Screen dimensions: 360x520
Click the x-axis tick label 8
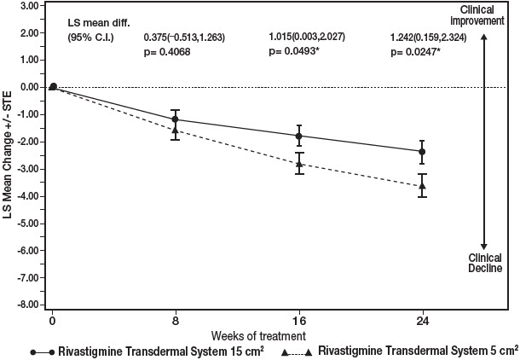click(x=176, y=322)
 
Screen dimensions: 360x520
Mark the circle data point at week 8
click(x=176, y=119)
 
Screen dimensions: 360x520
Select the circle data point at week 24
click(x=421, y=151)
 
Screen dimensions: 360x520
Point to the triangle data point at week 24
click(x=421, y=185)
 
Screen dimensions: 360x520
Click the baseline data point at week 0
click(x=53, y=86)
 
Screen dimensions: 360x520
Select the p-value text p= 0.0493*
click(x=301, y=53)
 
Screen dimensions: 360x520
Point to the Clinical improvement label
click(x=483, y=15)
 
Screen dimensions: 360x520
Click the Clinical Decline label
click(x=483, y=262)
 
